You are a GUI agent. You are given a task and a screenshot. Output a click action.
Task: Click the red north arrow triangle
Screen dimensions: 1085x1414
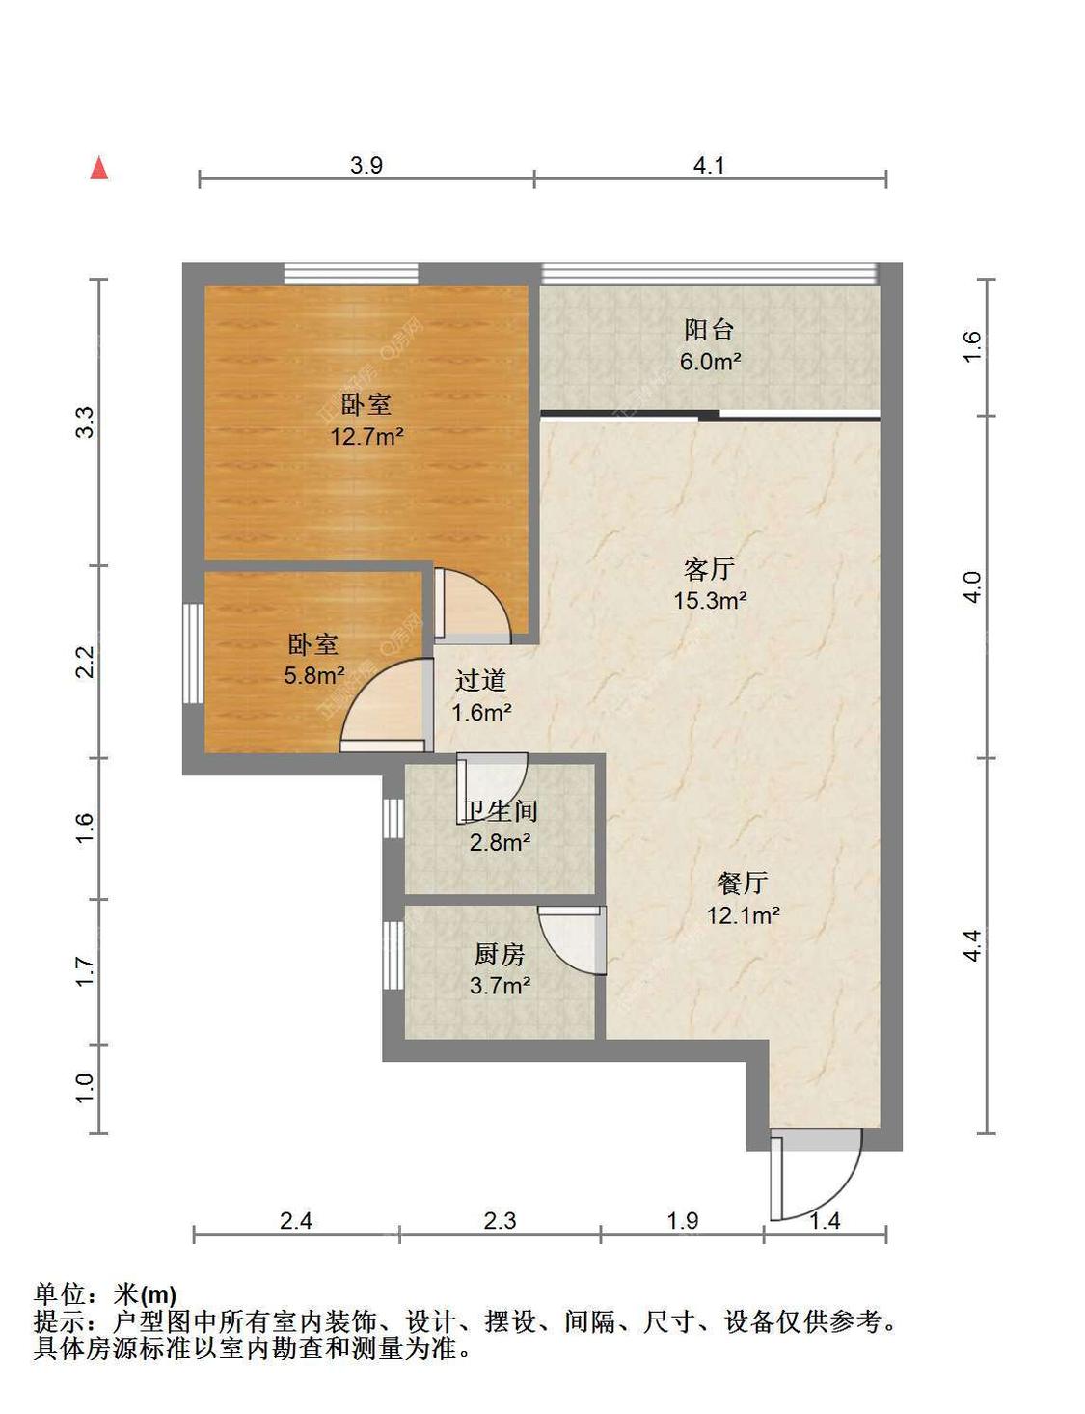(99, 168)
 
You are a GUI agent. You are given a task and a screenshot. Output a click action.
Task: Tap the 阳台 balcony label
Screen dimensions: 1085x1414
(708, 330)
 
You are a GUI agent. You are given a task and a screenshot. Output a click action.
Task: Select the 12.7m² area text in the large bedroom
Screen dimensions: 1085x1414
(366, 436)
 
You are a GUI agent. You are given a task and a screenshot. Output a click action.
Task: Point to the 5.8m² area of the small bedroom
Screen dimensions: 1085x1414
(314, 676)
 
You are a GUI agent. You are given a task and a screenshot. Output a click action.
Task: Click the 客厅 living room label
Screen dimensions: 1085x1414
(709, 570)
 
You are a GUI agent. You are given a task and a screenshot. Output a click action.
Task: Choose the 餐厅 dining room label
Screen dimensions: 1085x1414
(743, 883)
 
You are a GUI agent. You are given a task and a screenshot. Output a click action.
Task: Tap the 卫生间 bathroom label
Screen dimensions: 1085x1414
(500, 811)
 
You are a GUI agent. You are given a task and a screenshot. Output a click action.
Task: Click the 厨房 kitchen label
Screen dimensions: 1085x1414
(499, 955)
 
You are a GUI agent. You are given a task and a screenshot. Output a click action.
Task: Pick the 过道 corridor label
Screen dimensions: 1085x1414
(480, 681)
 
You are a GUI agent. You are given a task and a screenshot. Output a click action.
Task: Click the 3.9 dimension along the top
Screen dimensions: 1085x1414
(366, 165)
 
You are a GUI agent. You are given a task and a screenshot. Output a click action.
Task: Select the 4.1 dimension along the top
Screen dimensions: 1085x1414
(708, 165)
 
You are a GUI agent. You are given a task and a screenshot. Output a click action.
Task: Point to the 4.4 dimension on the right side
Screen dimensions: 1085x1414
(972, 945)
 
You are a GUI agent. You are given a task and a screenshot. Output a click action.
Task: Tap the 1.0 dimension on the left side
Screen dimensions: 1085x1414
(85, 1088)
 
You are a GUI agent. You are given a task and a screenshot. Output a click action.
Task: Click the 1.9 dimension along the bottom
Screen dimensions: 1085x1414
(683, 1221)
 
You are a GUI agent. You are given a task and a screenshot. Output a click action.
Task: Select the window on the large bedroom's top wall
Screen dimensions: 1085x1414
(351, 273)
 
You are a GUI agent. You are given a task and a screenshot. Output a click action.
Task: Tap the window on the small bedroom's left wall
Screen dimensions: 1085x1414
(193, 653)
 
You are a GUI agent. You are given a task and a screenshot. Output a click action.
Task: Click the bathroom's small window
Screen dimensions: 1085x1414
(393, 818)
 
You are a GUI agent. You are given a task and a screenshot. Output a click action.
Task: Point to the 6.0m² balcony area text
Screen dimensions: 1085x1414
(711, 362)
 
